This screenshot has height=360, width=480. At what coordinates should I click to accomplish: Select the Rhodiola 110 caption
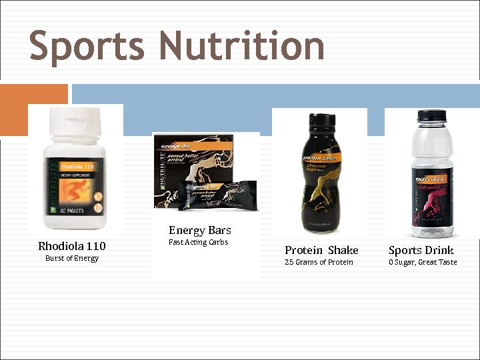[72, 246]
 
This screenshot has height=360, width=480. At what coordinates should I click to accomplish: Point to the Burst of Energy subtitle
[72, 259]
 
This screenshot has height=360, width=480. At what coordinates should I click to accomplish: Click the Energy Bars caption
[199, 230]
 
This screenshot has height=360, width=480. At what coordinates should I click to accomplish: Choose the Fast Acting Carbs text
[198, 242]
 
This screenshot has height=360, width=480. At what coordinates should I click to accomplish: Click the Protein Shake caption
[321, 250]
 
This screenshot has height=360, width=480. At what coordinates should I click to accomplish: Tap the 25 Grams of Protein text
[319, 262]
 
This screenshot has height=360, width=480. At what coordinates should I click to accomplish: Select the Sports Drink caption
[421, 250]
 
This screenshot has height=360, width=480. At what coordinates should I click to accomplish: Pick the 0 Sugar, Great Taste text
[423, 262]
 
